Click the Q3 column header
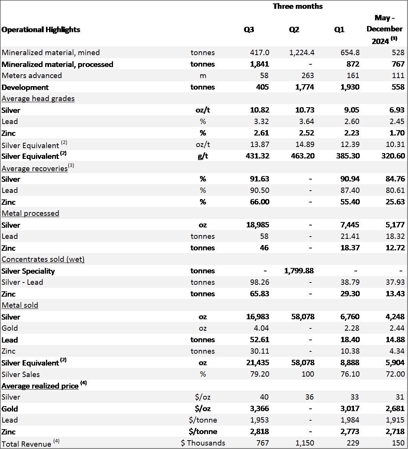click(x=249, y=29)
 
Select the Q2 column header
click(x=294, y=29)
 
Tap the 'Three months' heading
click(x=298, y=6)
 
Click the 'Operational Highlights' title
click(x=41, y=29)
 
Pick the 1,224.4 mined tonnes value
click(x=301, y=52)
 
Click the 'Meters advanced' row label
click(x=32, y=75)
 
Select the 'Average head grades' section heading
click(x=38, y=98)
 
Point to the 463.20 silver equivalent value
click(x=303, y=156)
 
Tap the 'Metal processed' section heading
click(x=30, y=213)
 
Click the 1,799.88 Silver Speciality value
click(x=299, y=271)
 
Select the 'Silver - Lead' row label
click(x=22, y=282)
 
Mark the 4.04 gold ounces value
click(x=261, y=328)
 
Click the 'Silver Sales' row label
click(x=21, y=374)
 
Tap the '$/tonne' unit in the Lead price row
click(x=203, y=420)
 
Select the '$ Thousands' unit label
click(x=203, y=443)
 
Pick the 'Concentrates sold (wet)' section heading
click(x=43, y=259)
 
